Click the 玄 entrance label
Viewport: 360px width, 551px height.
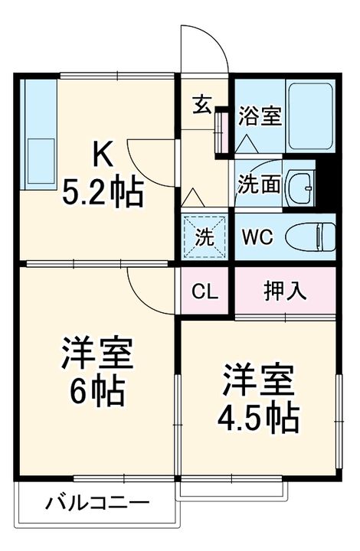[201, 105]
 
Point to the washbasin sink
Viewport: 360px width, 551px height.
[305, 185]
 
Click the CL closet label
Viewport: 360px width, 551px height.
[205, 291]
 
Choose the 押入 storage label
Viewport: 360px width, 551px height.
[285, 291]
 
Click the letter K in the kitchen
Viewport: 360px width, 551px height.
[103, 155]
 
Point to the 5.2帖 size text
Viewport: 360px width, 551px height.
[103, 193]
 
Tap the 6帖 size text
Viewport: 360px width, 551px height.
[98, 393]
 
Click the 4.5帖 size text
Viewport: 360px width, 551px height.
[258, 418]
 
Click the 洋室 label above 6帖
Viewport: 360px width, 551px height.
[98, 354]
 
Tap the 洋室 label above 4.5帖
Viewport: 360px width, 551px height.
[258, 379]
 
